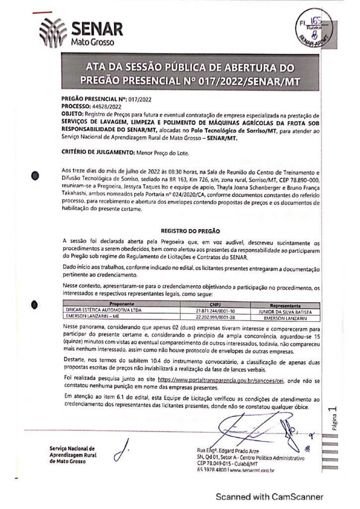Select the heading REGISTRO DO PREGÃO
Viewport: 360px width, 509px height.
190,231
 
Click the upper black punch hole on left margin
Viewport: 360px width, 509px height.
35,175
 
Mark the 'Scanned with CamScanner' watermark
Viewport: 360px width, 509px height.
270,496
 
